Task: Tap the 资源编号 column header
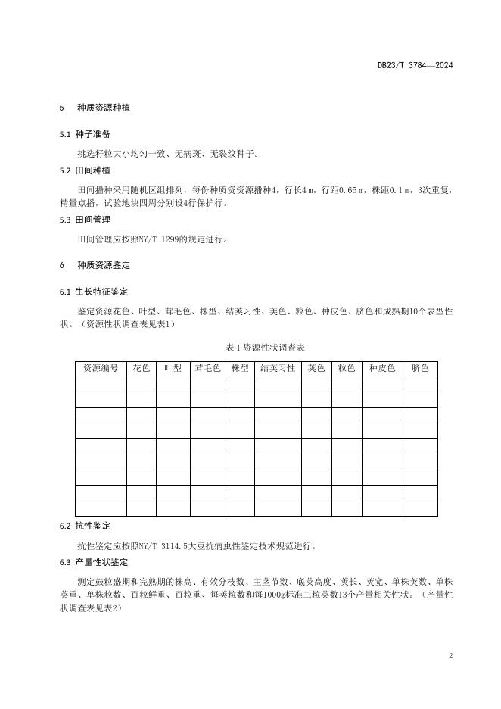point(101,369)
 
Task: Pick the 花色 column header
point(142,369)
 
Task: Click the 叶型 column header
point(173,369)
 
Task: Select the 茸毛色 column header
point(207,369)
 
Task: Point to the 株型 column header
point(240,369)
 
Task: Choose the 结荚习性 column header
point(278,369)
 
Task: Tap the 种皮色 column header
point(382,369)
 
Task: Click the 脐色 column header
point(420,369)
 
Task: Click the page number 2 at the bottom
point(450,656)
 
